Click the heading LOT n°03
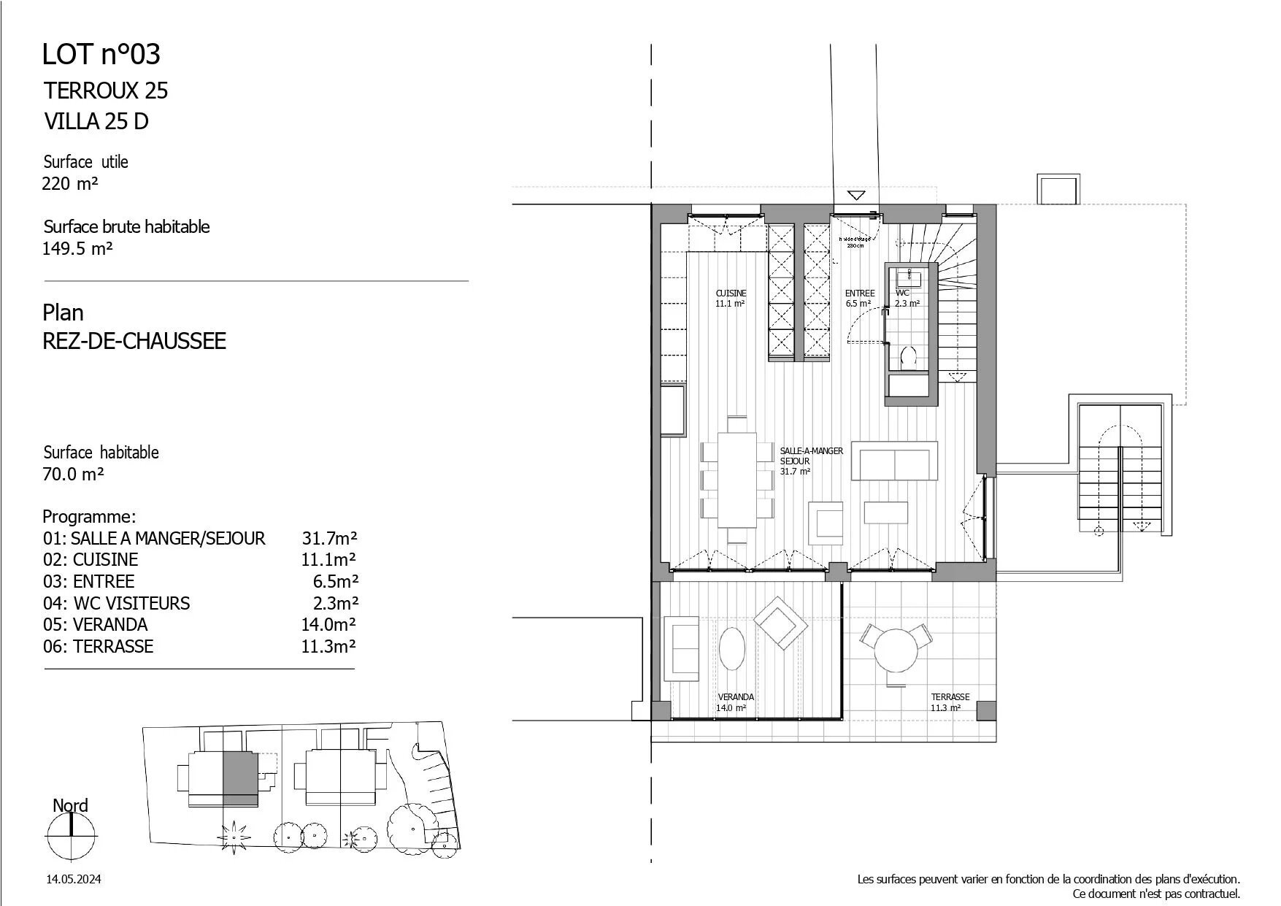[x=101, y=55]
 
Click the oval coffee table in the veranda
[x=732, y=648]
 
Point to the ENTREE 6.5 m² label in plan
[x=859, y=298]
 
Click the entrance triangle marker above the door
[x=856, y=195]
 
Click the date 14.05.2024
[x=73, y=880]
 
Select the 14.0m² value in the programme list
[x=328, y=625]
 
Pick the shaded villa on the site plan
[x=240, y=778]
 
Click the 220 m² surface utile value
[x=70, y=184]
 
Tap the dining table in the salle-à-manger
[x=737, y=480]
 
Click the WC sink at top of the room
[x=909, y=277]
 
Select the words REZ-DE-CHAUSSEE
[x=134, y=341]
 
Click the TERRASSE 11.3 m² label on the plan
[x=950, y=702]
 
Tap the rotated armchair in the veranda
[x=780, y=623]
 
